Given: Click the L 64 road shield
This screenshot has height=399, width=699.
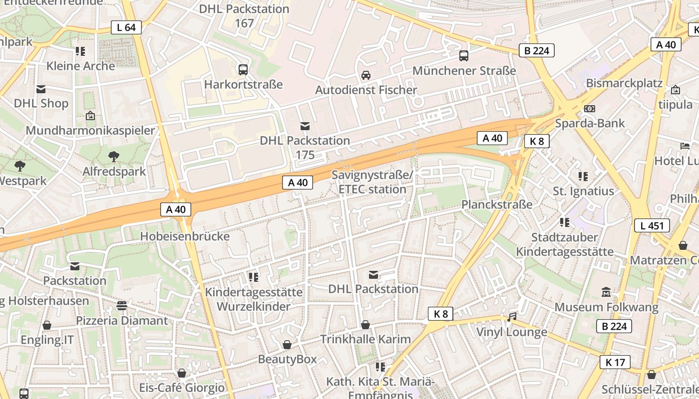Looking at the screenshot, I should (x=126, y=27).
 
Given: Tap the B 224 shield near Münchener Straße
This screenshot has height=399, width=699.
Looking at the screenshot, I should (x=537, y=50).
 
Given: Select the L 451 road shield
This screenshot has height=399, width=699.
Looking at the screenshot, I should (x=652, y=225).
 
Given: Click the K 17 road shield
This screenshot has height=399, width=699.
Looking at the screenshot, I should (x=615, y=362).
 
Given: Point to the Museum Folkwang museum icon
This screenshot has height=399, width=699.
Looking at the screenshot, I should (x=606, y=292).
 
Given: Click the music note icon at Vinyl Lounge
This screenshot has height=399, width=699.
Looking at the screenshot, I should (x=512, y=317).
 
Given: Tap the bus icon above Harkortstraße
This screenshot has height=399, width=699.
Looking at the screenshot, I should (x=243, y=69).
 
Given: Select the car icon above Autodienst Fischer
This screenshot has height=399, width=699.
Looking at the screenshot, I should (x=366, y=75).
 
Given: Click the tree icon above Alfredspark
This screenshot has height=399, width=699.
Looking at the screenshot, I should (x=114, y=157).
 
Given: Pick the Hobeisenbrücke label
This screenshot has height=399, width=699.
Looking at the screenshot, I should (x=185, y=236).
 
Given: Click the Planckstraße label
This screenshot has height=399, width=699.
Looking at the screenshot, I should (x=496, y=204).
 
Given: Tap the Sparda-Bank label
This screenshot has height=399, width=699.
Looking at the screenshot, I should (x=590, y=123).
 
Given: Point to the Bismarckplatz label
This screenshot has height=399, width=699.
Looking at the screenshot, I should (x=624, y=83).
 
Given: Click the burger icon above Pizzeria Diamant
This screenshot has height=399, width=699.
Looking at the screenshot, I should (x=122, y=305).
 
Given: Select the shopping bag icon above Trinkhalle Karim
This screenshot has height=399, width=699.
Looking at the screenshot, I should (x=365, y=325).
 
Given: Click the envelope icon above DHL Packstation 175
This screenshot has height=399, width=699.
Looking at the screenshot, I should (x=305, y=126).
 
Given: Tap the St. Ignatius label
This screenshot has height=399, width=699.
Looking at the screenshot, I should (x=583, y=191).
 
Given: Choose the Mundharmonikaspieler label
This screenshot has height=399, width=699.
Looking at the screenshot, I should (x=90, y=131).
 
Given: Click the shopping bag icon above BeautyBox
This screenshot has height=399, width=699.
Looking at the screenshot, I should (x=287, y=345).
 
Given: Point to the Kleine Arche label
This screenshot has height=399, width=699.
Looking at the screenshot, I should (x=80, y=66).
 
